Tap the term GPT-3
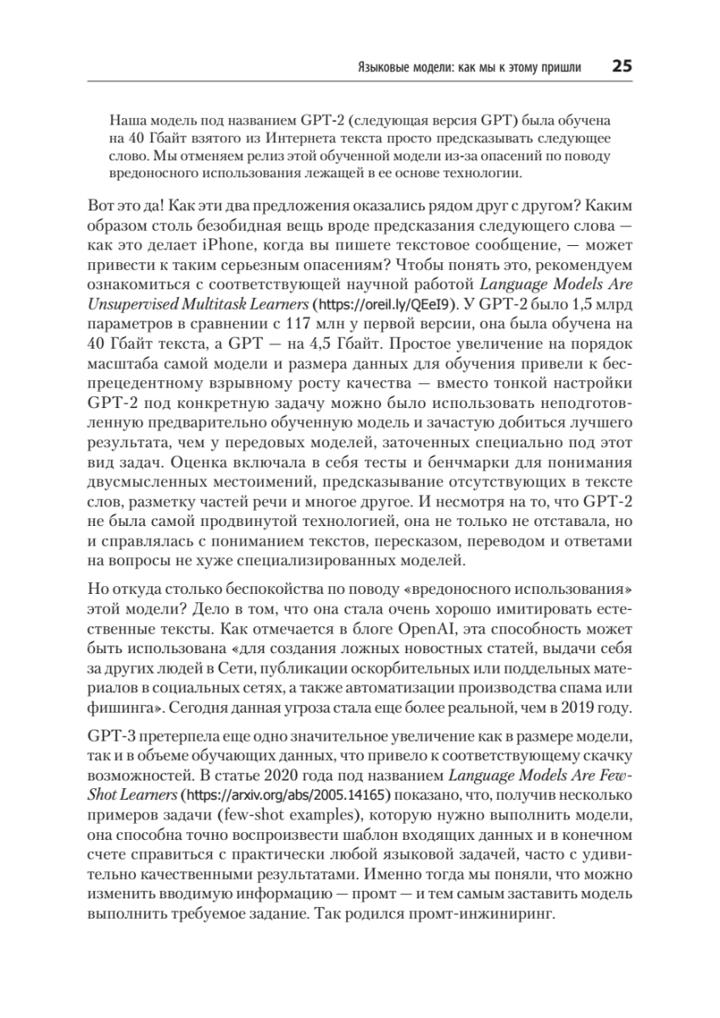click(x=108, y=734)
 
